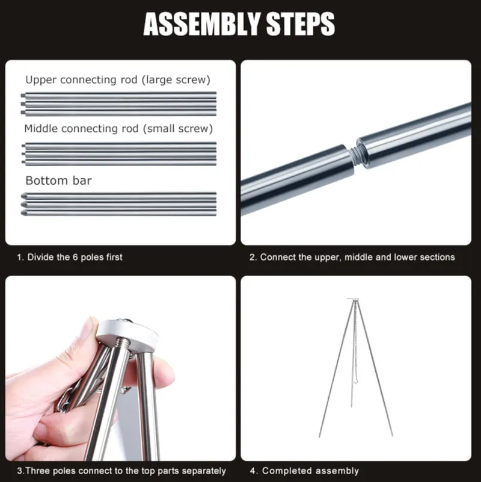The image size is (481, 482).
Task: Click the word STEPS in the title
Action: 301,24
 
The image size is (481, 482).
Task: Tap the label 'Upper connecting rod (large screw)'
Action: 118,80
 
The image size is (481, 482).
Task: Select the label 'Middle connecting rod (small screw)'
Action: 118,129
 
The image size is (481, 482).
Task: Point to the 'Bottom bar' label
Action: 59,181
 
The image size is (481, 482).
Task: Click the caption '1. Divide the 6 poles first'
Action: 70,257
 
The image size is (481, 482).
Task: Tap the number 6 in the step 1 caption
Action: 75,257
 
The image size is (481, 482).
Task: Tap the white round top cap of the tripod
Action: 127,335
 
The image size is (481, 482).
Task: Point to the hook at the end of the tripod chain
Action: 356,381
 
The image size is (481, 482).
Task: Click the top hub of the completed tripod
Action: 353,299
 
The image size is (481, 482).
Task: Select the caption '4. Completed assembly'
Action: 304,471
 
